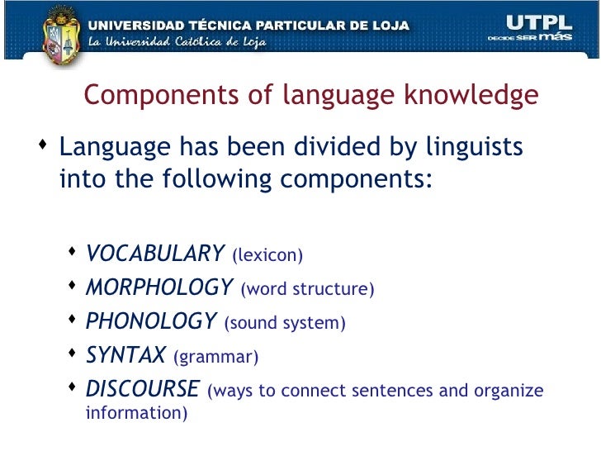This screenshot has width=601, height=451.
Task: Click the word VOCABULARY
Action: [155, 253]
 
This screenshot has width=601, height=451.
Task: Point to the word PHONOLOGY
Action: [151, 321]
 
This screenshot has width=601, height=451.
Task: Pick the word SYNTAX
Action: [125, 355]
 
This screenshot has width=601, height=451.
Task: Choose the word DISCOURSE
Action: [143, 389]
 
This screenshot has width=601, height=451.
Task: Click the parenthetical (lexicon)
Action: [267, 255]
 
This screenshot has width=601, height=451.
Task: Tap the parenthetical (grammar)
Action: [215, 358]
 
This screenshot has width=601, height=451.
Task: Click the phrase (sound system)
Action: [285, 323]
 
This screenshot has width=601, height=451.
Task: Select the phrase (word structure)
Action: [307, 289]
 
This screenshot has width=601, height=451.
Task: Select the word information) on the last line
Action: [136, 411]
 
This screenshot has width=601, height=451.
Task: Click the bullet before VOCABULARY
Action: [73, 251]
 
